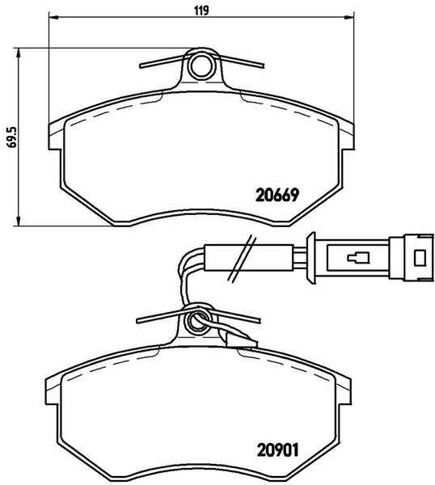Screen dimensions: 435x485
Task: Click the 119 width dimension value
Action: (201, 11)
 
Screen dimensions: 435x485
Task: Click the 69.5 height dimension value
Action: (13, 137)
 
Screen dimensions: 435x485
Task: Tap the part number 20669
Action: (277, 195)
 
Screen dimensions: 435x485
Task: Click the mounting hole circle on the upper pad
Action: (201, 66)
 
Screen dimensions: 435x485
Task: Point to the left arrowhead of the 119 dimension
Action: (54, 17)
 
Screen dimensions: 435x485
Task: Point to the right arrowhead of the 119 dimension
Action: (349, 17)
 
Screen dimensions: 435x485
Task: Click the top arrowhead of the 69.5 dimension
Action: (19, 53)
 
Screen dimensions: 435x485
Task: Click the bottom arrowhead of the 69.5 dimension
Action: (19, 221)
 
